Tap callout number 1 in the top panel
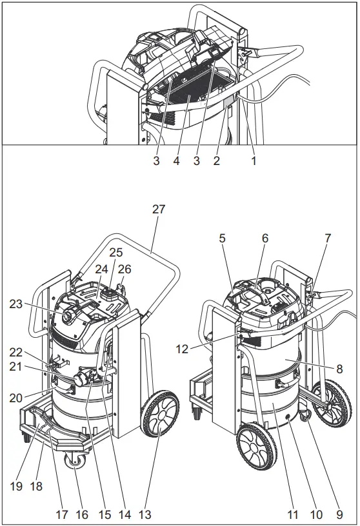[x=254, y=161]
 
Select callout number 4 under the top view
[x=175, y=161]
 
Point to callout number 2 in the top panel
[x=216, y=161]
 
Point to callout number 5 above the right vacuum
[x=222, y=238]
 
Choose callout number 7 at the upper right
[x=327, y=238]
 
